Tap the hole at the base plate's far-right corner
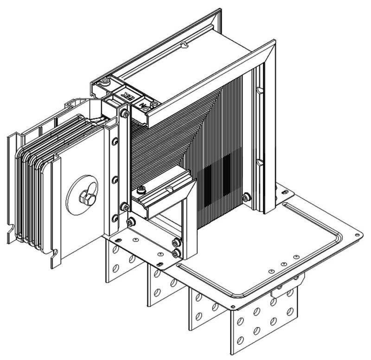pyautogui.click(x=356, y=237)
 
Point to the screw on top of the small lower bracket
pyautogui.click(x=141, y=189)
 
